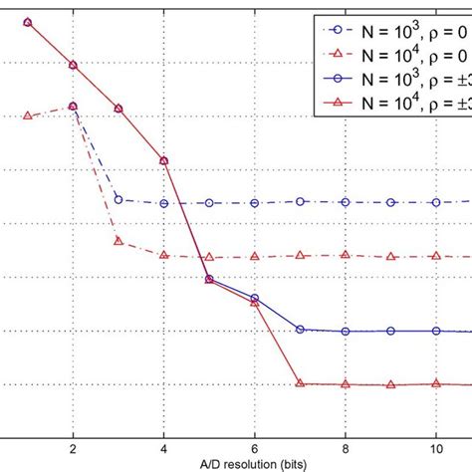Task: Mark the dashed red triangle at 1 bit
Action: click(x=27, y=117)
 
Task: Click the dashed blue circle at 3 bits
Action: click(x=118, y=199)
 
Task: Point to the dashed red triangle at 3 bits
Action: click(x=118, y=240)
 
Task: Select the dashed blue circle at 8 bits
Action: click(x=346, y=202)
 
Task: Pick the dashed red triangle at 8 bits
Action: click(x=346, y=255)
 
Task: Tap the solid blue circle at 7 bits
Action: click(x=300, y=330)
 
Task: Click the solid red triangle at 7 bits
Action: click(x=300, y=383)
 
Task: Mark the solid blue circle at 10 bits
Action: click(x=436, y=331)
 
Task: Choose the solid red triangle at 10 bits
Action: click(x=436, y=383)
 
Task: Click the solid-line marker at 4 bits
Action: click(x=163, y=160)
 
